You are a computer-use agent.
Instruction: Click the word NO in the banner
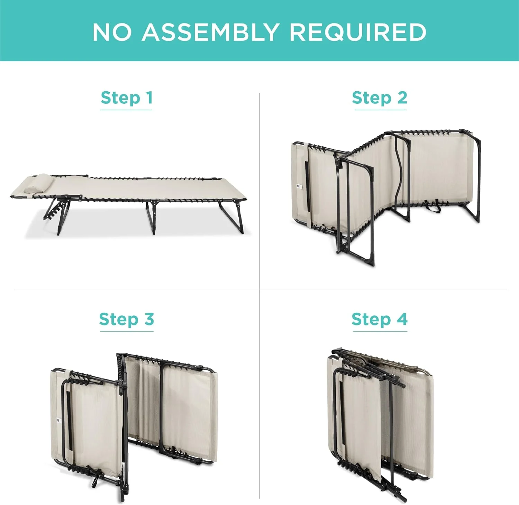pyautogui.click(x=112, y=32)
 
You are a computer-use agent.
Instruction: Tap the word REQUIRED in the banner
pyautogui.click(x=357, y=32)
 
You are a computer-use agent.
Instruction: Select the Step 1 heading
pyautogui.click(x=126, y=98)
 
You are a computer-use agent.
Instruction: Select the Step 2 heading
pyautogui.click(x=380, y=98)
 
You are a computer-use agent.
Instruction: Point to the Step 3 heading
pyautogui.click(x=126, y=319)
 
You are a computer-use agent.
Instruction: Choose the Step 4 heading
pyautogui.click(x=380, y=319)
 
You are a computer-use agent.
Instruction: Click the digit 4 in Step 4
pyautogui.click(x=402, y=319)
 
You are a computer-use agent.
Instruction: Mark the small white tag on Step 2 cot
pyautogui.click(x=299, y=187)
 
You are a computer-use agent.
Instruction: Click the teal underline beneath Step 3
pyautogui.click(x=127, y=331)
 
